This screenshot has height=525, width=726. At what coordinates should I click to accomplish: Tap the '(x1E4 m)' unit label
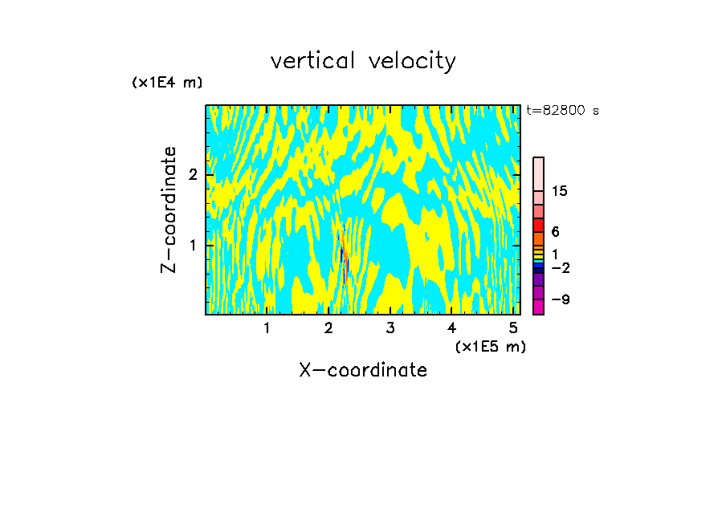coord(167,83)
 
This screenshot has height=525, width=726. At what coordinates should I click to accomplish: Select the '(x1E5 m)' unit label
coord(490,346)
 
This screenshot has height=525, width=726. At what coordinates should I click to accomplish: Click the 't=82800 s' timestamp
coord(562,111)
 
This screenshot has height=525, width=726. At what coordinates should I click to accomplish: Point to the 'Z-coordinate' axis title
coord(169,210)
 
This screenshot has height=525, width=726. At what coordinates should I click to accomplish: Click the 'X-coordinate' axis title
coord(363,370)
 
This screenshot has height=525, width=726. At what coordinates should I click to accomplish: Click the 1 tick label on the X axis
coord(267,328)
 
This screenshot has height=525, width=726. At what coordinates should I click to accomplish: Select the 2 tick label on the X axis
coord(328,328)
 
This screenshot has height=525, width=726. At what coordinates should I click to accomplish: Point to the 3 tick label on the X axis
coord(390,328)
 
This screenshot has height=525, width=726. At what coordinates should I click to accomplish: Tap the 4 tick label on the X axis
coord(451,328)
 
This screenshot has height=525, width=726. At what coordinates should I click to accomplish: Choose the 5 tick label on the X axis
coord(513,328)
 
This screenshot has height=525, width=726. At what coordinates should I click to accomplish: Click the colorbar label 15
coord(560,191)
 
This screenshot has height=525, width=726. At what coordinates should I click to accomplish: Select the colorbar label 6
coord(556,232)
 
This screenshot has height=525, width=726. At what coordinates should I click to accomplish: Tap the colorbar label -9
coord(560,299)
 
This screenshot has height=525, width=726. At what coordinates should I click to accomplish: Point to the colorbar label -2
coord(560,268)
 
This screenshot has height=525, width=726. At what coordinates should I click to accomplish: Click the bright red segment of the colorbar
coord(538,224)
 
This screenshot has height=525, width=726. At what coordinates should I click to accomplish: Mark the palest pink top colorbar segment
coord(538,173)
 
